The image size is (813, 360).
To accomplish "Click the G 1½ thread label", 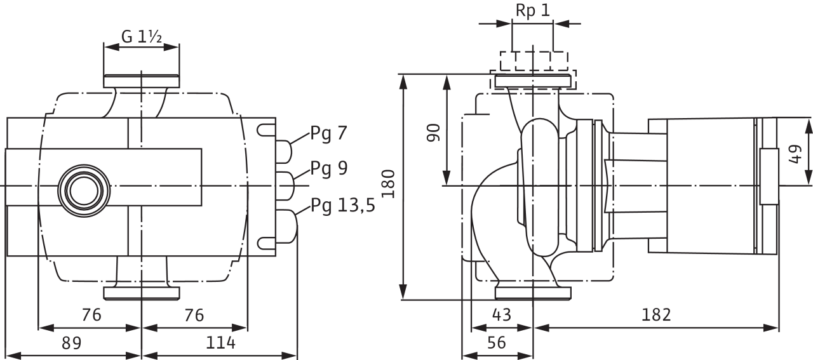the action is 142,37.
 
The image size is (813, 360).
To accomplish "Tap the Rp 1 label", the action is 532,11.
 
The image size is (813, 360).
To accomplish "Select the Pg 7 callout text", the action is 328,134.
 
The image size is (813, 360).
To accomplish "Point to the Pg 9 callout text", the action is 329,169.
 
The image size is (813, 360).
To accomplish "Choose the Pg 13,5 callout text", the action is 342,206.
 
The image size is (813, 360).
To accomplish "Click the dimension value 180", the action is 388,183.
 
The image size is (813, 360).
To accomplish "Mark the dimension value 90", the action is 433,133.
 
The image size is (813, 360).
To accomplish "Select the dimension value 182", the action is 656,315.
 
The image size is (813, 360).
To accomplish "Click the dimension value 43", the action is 502,315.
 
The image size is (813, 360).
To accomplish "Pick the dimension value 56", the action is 496,343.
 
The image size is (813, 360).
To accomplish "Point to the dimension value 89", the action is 72,343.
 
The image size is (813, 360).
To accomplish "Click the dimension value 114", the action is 220,343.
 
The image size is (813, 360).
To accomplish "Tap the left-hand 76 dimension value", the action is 91,315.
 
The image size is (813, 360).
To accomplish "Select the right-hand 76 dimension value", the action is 194,315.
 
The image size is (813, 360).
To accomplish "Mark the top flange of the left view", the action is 142,81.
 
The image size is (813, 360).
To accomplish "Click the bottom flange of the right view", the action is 533,293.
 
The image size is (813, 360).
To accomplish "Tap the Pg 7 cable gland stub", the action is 284,152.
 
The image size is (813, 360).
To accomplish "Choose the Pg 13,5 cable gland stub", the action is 286,226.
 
